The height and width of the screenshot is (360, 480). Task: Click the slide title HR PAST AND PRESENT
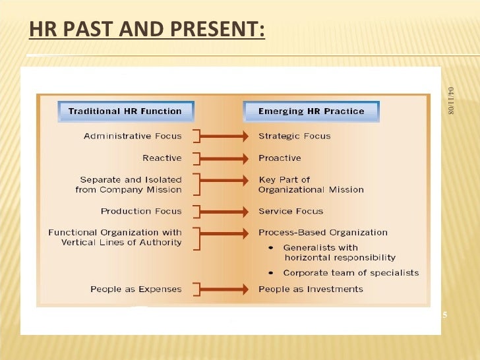click(147, 30)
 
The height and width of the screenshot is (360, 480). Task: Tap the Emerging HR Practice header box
click(311, 111)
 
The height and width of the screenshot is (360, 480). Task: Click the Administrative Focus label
click(133, 136)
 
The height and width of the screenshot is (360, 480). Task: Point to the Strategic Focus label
click(294, 136)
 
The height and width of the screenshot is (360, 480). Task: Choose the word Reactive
click(162, 158)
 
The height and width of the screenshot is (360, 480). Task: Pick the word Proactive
click(280, 158)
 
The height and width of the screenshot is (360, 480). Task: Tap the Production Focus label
click(140, 212)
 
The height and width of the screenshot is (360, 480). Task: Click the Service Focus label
click(291, 212)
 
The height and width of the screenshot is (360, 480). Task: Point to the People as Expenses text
click(136, 289)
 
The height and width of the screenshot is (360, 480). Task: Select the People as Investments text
click(311, 289)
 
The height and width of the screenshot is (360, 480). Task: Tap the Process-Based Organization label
click(323, 233)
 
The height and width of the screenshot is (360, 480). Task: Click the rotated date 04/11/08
click(451, 100)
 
